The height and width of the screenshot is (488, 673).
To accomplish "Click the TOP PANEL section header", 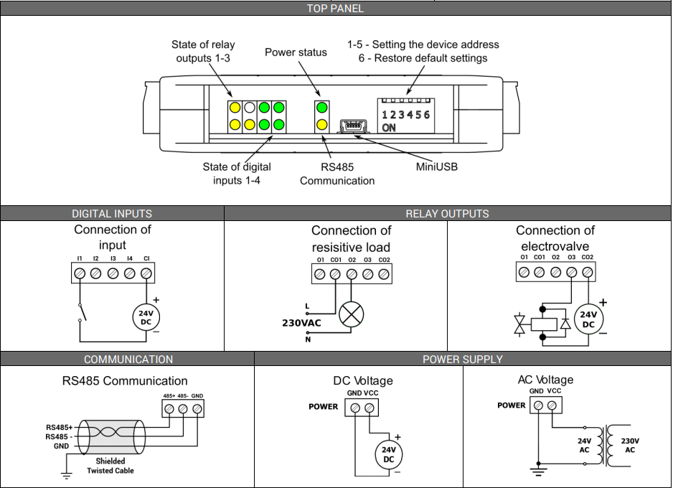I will pos(335,9).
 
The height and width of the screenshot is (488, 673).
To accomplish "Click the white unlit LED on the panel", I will pos(249,108).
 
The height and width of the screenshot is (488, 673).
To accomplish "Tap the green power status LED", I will pos(321,108).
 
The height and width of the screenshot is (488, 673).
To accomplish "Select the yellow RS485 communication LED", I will pos(321,125).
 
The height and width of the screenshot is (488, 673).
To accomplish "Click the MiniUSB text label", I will pos(436,167).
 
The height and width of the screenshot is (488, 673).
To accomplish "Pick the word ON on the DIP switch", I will pos(389,128).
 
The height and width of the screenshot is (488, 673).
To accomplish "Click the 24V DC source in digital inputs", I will pos(146,317).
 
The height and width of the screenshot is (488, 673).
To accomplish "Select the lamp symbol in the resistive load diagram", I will pos(351,315).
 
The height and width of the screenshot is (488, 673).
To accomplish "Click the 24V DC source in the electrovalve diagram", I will pos(588,319).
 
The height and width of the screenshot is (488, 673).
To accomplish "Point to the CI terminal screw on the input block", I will pos(146,273).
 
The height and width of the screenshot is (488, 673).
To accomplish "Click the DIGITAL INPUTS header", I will pos(112,213).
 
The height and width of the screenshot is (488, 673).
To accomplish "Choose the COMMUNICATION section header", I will pos(128,359).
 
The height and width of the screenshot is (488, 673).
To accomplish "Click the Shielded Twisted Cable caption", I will pos(110,466).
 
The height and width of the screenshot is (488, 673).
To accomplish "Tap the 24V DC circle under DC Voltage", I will pos(388,454).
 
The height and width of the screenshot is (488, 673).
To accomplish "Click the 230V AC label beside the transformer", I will pos(629,445).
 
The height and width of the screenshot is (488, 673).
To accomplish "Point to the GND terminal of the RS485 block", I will pos(197,408).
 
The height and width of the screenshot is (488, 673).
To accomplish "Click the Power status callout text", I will pos(296,52).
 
